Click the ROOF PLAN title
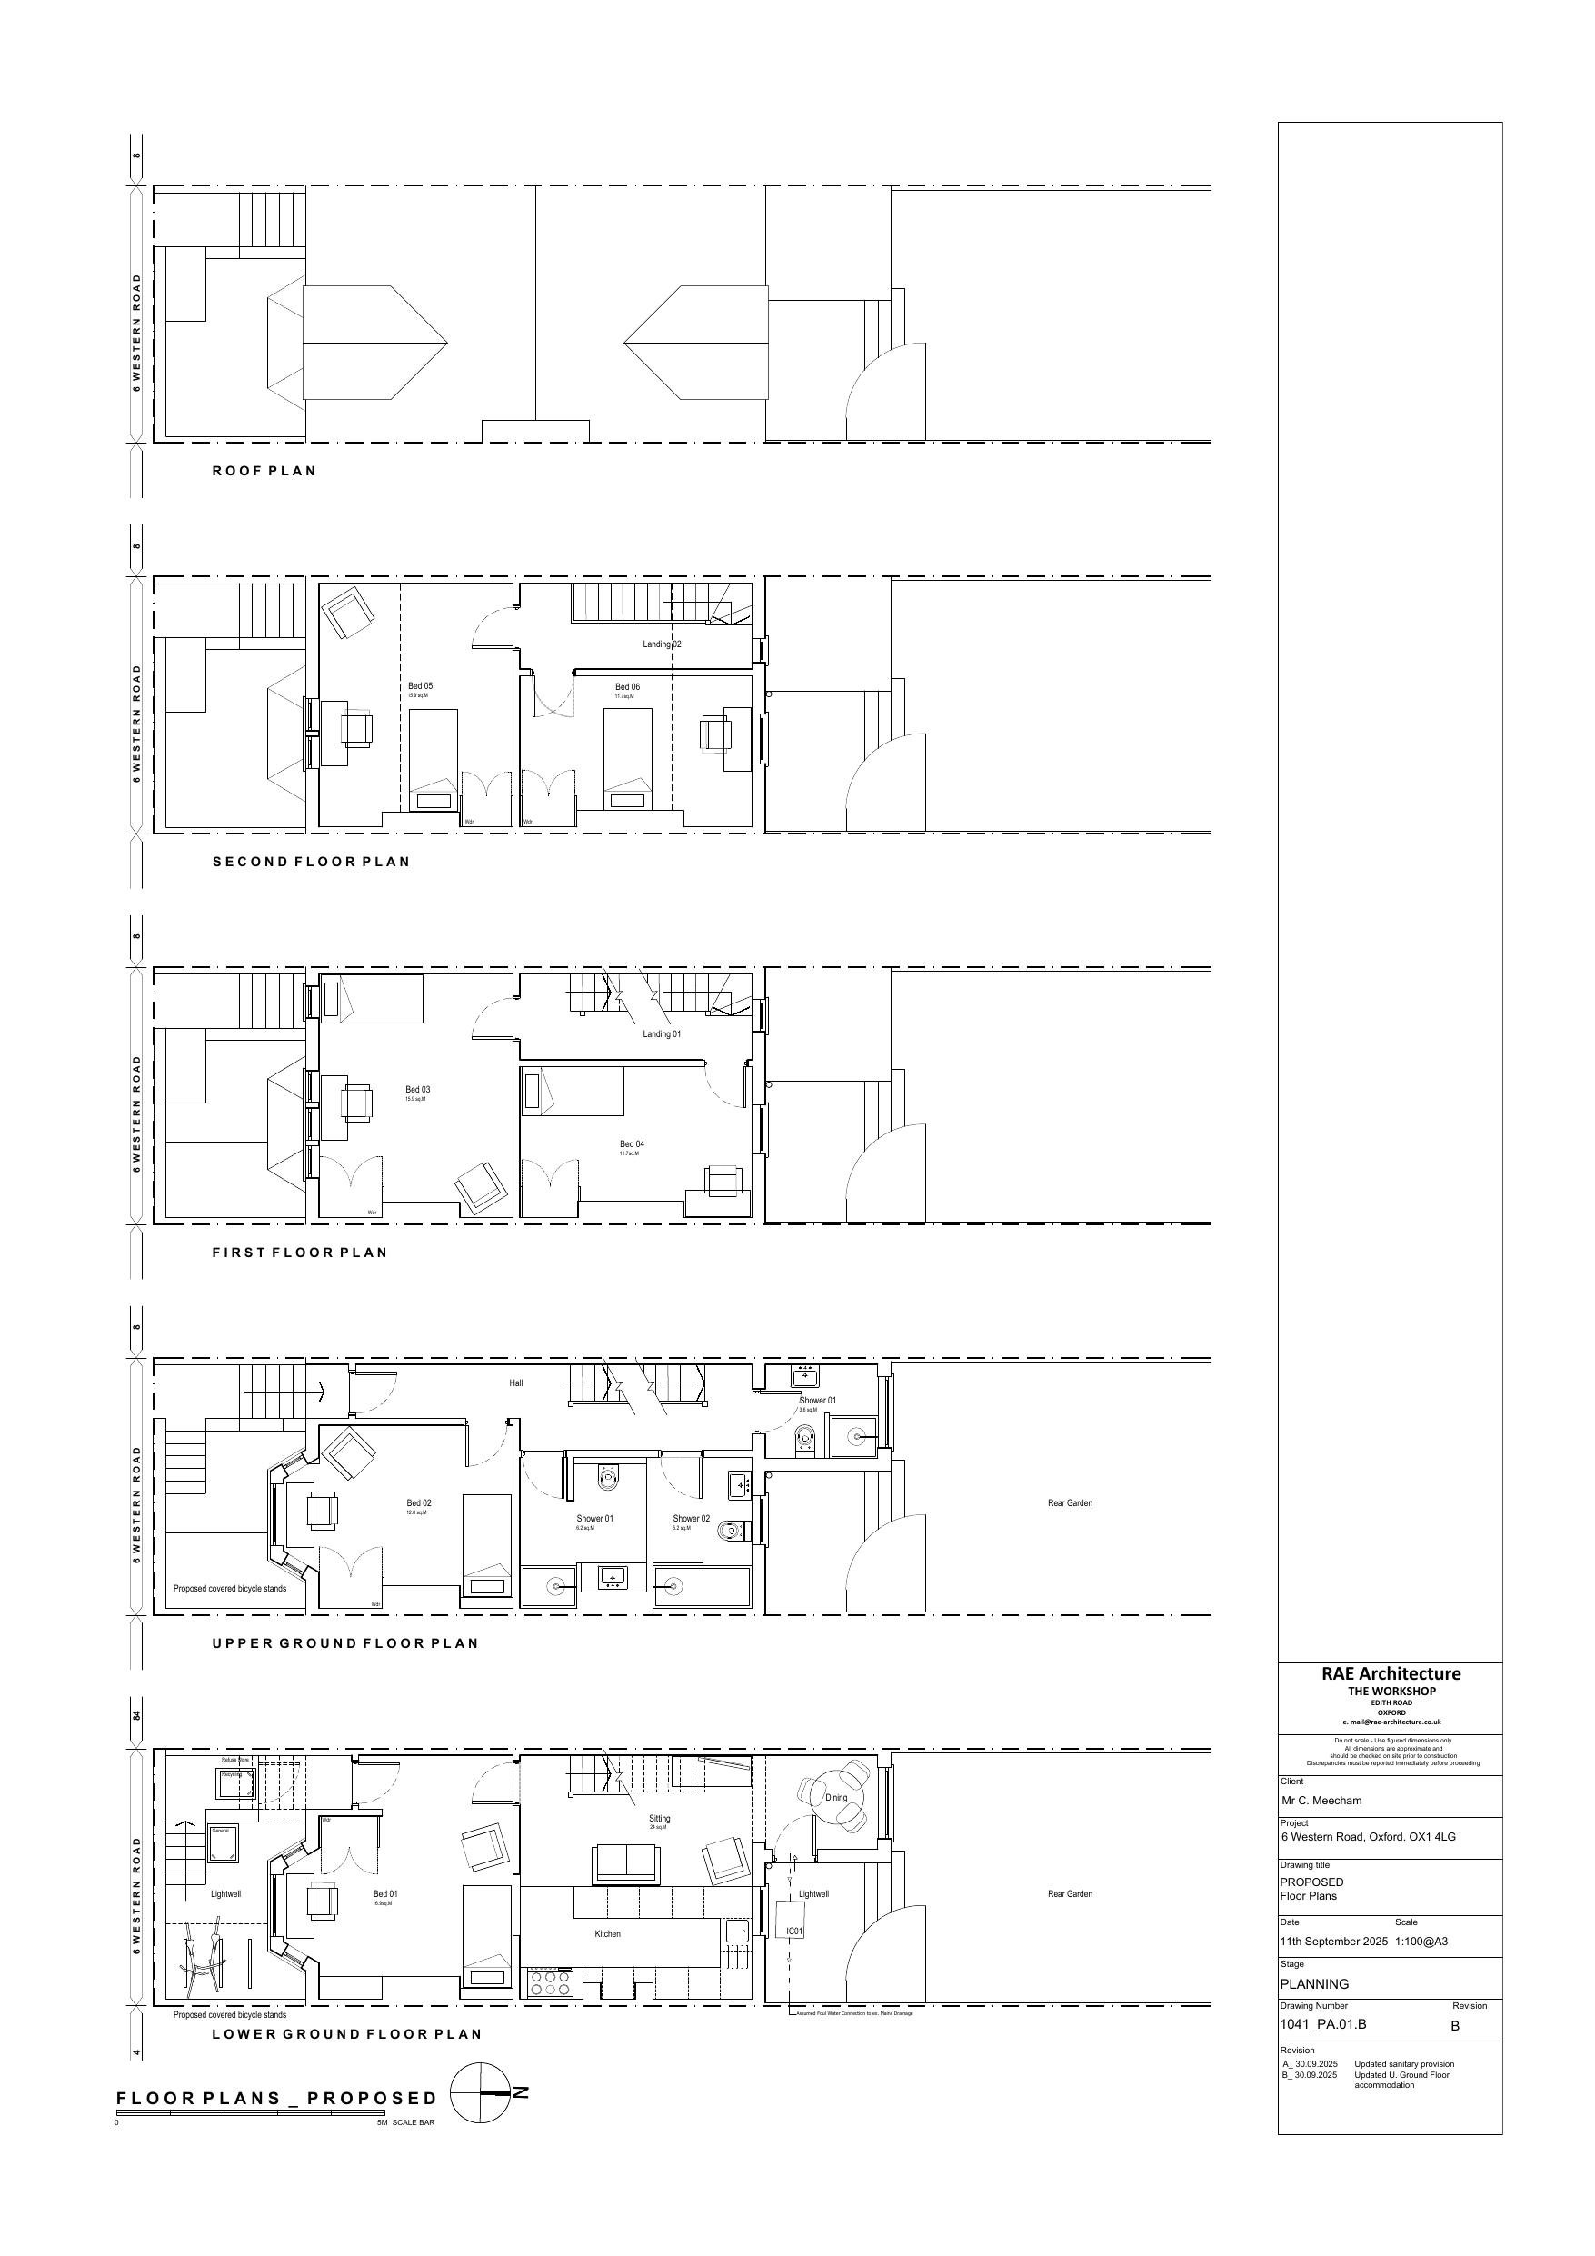[264, 471]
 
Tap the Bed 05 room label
[420, 686]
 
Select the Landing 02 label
[662, 644]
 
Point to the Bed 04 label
[632, 1143]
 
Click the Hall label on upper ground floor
[516, 1383]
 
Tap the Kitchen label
[607, 1933]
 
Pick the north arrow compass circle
[480, 2093]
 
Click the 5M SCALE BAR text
[405, 2122]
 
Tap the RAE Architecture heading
[1390, 1673]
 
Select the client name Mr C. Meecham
[1321, 1801]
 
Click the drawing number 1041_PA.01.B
[1321, 2024]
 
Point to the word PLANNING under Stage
[1314, 1982]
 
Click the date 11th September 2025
[1333, 1941]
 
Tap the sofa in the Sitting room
[625, 1864]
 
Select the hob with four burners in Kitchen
[551, 1982]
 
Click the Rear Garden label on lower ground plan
[1069, 1893]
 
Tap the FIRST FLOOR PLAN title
[300, 1253]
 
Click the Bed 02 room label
[419, 1502]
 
